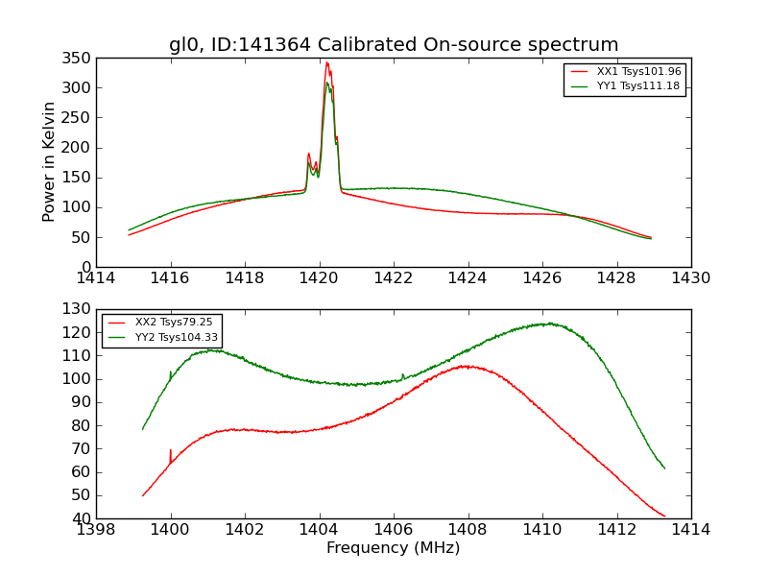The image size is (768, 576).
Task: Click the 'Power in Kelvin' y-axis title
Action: click(49, 162)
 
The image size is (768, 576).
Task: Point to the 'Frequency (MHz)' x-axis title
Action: click(394, 548)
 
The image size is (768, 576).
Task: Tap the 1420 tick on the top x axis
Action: click(319, 278)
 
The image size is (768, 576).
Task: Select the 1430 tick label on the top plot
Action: click(690, 278)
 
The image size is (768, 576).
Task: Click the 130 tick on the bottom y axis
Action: click(79, 309)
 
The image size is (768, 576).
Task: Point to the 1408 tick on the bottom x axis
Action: click(468, 530)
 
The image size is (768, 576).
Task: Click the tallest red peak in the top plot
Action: click(326, 62)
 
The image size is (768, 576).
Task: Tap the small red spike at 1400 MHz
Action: click(171, 450)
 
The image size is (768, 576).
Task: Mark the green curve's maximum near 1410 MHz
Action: click(548, 324)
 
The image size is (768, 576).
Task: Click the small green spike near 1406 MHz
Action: click(402, 374)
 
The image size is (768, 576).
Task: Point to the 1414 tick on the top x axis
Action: click(96, 278)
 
